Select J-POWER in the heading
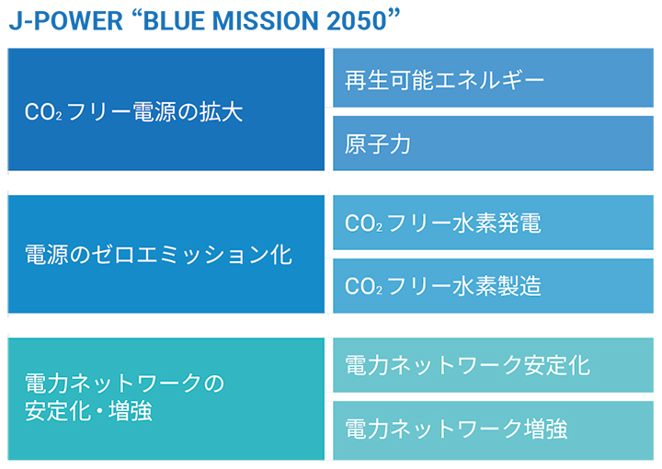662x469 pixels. pos(66,20)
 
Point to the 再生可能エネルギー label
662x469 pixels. pos(444,80)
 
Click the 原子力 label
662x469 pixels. pos(378,144)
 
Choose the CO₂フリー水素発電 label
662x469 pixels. pos(442,223)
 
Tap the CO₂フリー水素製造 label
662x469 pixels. pos(442,286)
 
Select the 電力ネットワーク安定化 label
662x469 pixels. pos(467,365)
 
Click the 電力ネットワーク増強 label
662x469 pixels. pos(456,429)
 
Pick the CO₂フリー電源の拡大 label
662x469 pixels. pos(134,112)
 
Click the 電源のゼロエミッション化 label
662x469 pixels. pos(158,255)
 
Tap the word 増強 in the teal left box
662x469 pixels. pos(130,411)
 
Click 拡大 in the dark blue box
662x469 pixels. pos(222,112)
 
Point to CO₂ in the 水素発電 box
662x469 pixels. pos(363,223)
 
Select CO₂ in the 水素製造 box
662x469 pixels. pos(363,286)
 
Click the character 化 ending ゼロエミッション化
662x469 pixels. pos(281,255)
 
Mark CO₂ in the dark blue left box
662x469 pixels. pos(43,112)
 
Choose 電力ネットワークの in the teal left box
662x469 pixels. pos(124,383)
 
